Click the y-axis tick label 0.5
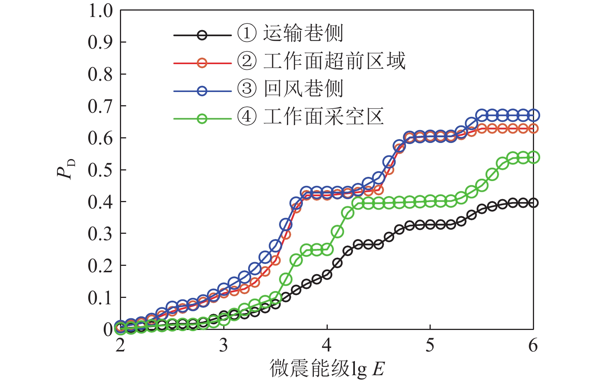[100, 170]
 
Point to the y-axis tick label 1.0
[100, 11]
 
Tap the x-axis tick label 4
[327, 345]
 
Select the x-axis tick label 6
[533, 345]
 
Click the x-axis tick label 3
[224, 345]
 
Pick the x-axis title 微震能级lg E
[327, 368]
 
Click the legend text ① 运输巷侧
[290, 33]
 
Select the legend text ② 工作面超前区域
[321, 61]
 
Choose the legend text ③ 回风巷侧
[290, 89]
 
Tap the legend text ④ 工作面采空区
[310, 117]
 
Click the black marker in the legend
[202, 35]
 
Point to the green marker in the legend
[202, 119]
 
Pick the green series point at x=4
[327, 249]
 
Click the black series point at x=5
[430, 225]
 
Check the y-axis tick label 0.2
[100, 266]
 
